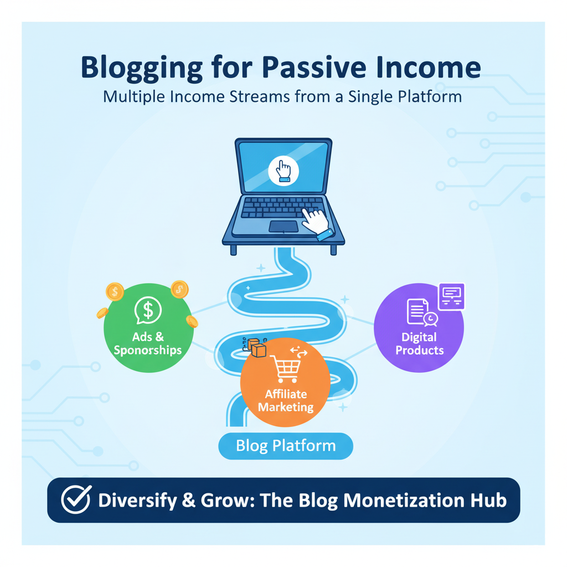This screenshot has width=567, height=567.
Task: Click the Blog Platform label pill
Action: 286,446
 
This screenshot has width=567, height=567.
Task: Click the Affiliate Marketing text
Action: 286,400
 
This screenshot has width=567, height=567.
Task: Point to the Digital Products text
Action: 420,343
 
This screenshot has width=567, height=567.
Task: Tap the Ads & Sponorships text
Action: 148,343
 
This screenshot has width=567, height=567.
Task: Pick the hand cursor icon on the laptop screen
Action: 283,171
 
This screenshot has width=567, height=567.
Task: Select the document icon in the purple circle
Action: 416,312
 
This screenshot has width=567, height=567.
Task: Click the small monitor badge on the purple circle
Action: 451,296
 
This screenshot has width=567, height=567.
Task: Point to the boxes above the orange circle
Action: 255,347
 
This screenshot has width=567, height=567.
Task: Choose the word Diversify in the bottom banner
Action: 143,500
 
